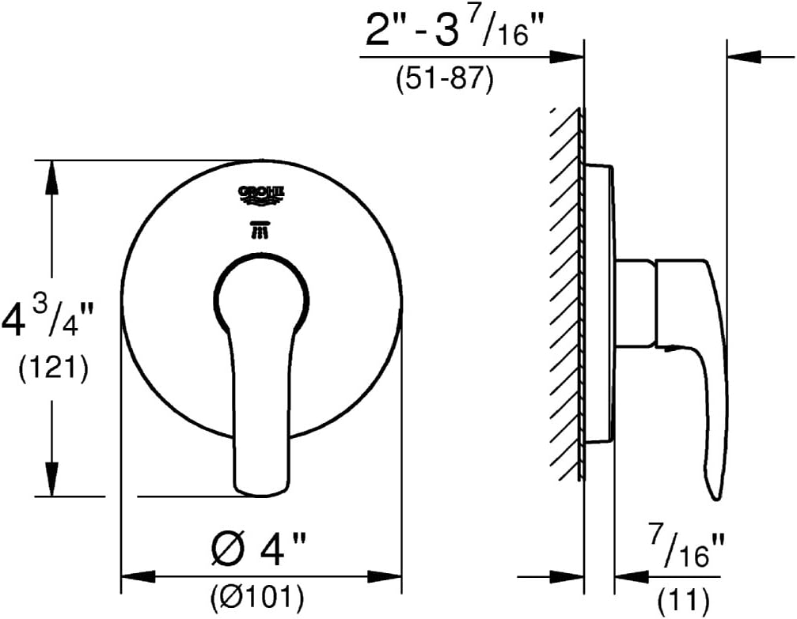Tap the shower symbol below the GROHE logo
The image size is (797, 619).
260,229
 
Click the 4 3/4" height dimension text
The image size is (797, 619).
47,319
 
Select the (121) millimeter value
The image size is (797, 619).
54,368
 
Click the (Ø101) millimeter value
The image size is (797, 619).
257,597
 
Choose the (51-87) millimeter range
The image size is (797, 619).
445,79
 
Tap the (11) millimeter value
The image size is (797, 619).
684,600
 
